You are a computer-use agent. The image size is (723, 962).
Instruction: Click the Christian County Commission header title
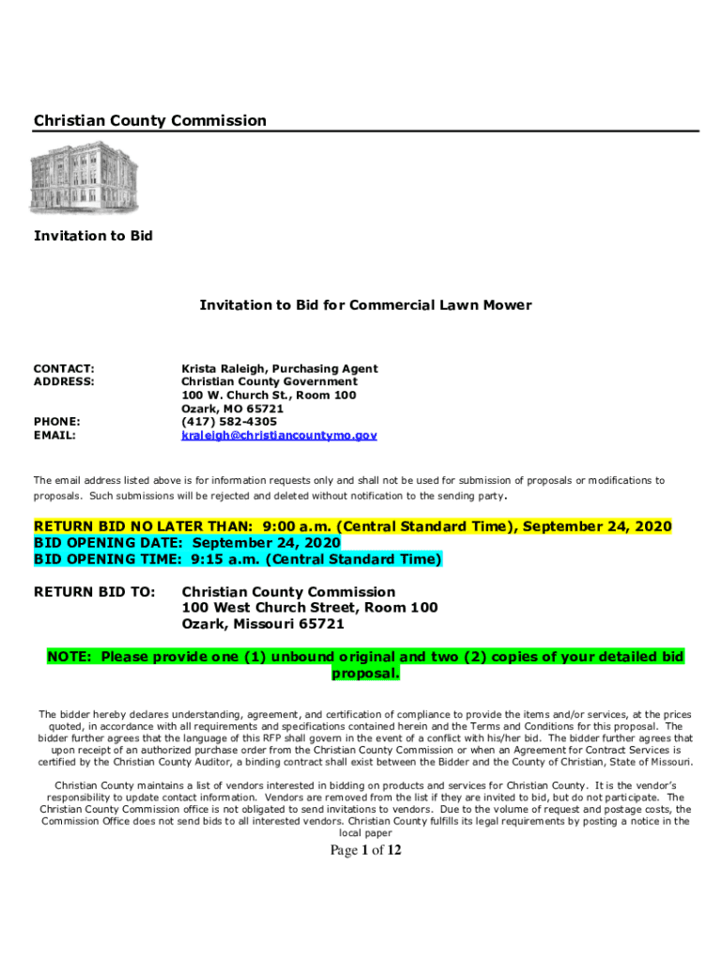(150, 120)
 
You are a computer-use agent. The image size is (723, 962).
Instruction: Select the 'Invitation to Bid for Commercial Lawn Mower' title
(365, 304)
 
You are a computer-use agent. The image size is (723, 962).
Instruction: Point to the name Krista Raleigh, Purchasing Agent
(279, 369)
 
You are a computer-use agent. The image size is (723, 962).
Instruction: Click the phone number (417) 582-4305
(231, 422)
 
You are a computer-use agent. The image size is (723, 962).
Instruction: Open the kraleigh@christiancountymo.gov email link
(279, 436)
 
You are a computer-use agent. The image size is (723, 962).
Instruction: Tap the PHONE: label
(56, 422)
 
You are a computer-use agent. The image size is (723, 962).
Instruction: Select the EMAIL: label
(54, 436)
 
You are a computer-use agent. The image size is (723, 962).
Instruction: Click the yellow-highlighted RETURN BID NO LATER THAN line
(353, 526)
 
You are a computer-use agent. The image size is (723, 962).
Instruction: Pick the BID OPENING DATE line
(187, 543)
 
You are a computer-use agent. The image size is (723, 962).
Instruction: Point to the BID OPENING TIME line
(238, 560)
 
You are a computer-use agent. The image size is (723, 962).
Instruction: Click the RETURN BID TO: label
(95, 593)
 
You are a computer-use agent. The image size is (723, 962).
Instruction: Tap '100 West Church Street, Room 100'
(309, 609)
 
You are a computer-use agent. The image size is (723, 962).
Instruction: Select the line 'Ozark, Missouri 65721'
(263, 625)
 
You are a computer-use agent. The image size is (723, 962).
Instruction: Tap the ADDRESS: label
(64, 382)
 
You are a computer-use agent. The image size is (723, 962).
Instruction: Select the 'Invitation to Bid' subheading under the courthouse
(93, 236)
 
